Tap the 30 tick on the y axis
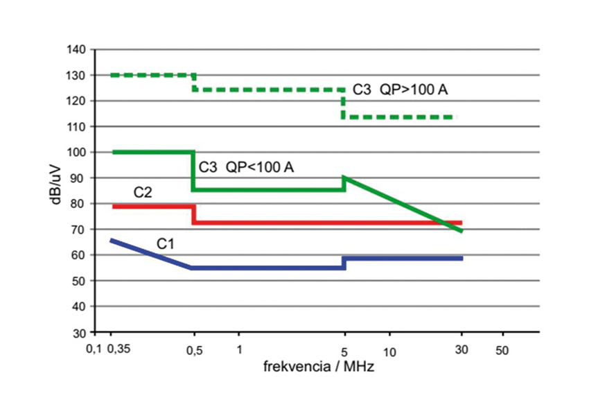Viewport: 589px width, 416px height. tap(79, 333)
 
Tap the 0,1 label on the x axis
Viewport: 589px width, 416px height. tap(94, 350)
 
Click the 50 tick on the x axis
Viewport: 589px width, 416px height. tap(502, 350)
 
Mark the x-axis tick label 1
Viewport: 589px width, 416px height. tap(239, 350)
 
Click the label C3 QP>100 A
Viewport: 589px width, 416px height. tap(404, 90)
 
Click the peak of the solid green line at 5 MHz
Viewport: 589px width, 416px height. tap(344, 177)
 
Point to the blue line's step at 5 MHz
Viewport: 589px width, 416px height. tap(344, 262)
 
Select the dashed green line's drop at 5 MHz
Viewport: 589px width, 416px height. tap(344, 103)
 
